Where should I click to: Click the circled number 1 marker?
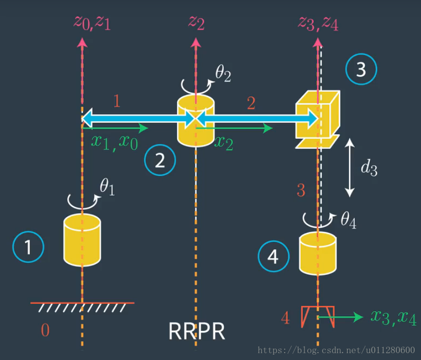click(29, 247)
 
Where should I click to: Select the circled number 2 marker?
click(160, 161)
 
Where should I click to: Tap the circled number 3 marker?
click(361, 69)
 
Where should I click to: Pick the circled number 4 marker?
click(273, 256)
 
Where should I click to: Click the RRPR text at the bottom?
click(197, 332)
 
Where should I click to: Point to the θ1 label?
click(107, 187)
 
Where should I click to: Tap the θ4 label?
click(348, 219)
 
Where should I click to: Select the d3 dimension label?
click(369, 168)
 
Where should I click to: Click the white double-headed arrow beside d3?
click(349, 168)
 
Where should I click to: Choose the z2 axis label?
click(196, 23)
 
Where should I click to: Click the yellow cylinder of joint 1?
click(82, 240)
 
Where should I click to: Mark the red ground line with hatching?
click(83, 306)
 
